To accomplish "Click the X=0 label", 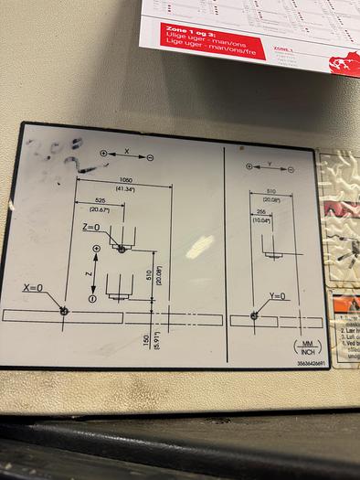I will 33,288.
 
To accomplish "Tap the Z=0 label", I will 91,227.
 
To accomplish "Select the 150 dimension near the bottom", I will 146,340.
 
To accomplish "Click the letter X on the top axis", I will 126,149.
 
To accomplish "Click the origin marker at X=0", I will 64,311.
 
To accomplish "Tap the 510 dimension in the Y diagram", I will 271,191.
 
